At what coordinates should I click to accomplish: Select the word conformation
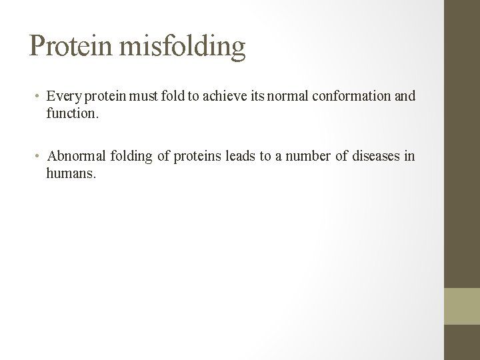click(351, 96)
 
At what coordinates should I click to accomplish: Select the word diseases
click(371, 156)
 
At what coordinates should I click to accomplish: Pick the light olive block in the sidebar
click(462, 306)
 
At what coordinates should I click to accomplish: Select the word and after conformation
click(405, 96)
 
